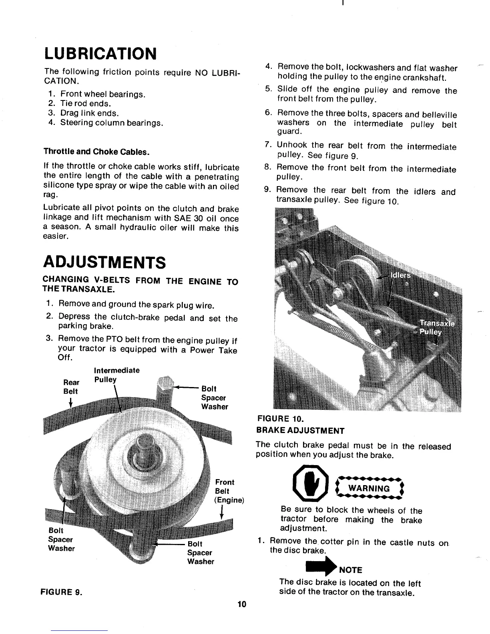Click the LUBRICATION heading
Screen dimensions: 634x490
point(100,53)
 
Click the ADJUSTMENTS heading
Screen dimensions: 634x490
point(104,263)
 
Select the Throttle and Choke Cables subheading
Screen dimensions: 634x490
point(96,152)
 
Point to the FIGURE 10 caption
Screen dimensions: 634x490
point(280,419)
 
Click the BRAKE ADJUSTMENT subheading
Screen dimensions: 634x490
point(300,431)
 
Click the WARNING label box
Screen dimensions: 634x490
point(369,488)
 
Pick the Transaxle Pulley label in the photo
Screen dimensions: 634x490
point(436,327)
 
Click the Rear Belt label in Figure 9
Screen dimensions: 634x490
point(71,387)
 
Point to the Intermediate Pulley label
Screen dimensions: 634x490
point(116,375)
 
